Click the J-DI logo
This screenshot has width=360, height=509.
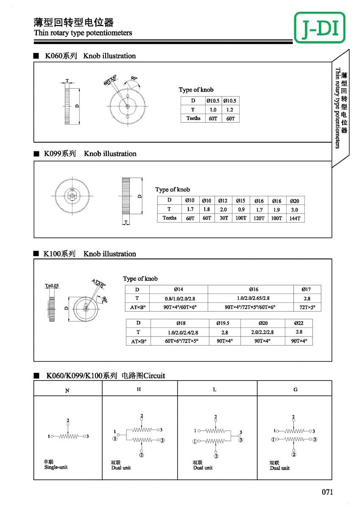pos(319,28)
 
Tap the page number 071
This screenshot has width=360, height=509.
pos(327,492)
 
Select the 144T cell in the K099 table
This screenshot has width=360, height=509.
pos(294,218)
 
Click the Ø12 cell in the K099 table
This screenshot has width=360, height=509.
pos(223,201)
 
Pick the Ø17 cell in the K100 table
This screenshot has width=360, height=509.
pos(306,289)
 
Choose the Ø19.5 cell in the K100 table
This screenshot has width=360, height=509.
pos(224,323)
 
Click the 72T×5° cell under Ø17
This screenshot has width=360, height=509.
pos(306,307)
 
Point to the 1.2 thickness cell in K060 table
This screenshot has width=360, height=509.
pos(230,109)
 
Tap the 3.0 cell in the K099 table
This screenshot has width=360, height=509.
pos(294,210)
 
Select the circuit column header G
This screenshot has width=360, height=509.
pos(295,389)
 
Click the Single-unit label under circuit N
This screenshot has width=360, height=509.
pos(56,467)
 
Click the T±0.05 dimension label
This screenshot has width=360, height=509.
pos(52,286)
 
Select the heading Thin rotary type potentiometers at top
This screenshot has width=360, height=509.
pos(83,33)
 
